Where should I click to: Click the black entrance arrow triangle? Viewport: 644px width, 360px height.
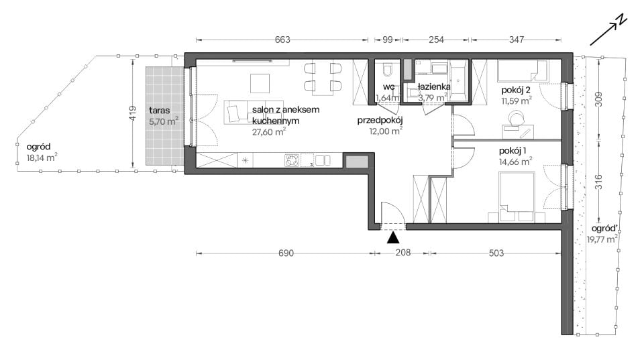pos(393,237)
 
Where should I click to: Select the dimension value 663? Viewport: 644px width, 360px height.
pos(282,40)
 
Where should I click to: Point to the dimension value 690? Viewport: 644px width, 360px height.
pos(286,253)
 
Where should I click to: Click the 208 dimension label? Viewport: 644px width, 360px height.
pos(403,253)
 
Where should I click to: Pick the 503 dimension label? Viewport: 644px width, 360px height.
pos(496,253)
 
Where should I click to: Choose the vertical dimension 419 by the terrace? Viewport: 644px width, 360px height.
pos(132,113)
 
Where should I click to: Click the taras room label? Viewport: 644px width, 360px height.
pos(160,111)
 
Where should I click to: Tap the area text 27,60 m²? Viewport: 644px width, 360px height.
pos(269,131)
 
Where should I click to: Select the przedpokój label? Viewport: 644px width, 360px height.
pos(380,120)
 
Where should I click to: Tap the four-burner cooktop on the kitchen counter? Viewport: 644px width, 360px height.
pos(292,160)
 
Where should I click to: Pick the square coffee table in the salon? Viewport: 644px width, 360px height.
pos(260,83)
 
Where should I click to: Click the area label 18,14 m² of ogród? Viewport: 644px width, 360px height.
pos(42,158)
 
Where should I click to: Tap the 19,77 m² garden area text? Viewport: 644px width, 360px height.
pos(602,239)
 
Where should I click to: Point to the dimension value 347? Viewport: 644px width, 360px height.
pos(517,40)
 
